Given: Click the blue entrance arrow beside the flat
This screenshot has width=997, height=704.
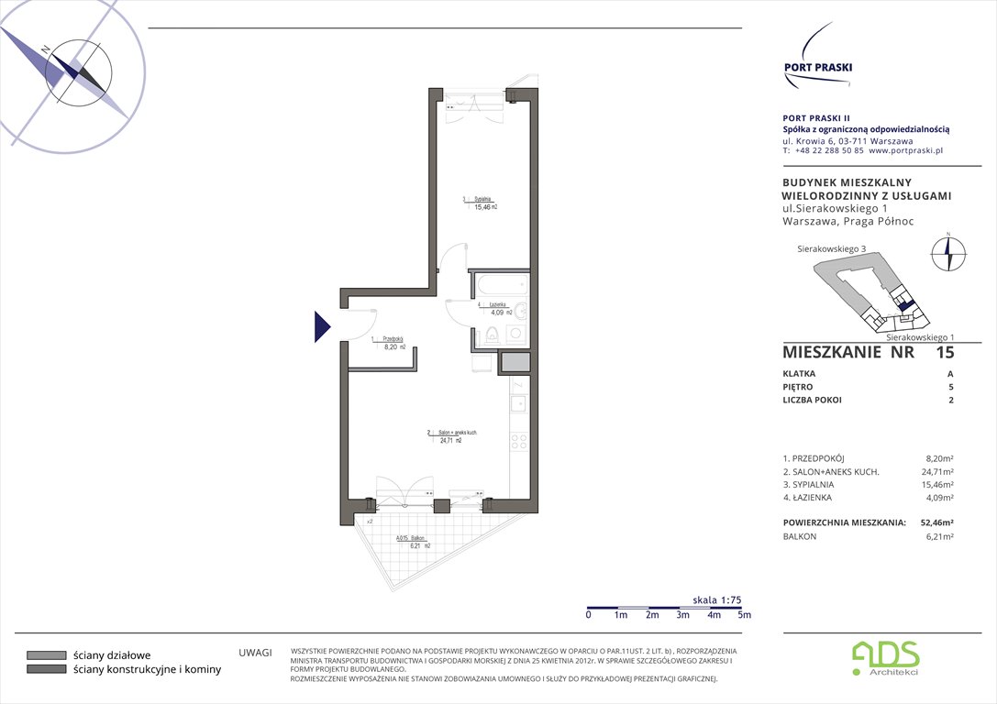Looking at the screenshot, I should click(x=321, y=326).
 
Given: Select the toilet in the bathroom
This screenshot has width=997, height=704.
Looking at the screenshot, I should click(x=493, y=335).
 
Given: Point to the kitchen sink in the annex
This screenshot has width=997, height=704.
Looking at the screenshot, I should click(x=518, y=401).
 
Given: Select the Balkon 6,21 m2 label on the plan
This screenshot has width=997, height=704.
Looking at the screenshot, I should click(x=413, y=542).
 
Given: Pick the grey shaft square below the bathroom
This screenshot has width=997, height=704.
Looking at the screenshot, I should click(x=515, y=362).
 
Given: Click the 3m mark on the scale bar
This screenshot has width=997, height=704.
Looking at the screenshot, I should click(x=681, y=615).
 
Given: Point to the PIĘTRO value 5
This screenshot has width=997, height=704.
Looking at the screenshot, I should click(x=950, y=387).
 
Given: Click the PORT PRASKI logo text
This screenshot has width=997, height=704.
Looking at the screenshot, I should click(x=817, y=66).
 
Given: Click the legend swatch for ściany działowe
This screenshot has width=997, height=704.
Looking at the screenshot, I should click(x=45, y=655).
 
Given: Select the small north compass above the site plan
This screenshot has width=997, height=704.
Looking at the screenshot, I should click(x=948, y=253).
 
